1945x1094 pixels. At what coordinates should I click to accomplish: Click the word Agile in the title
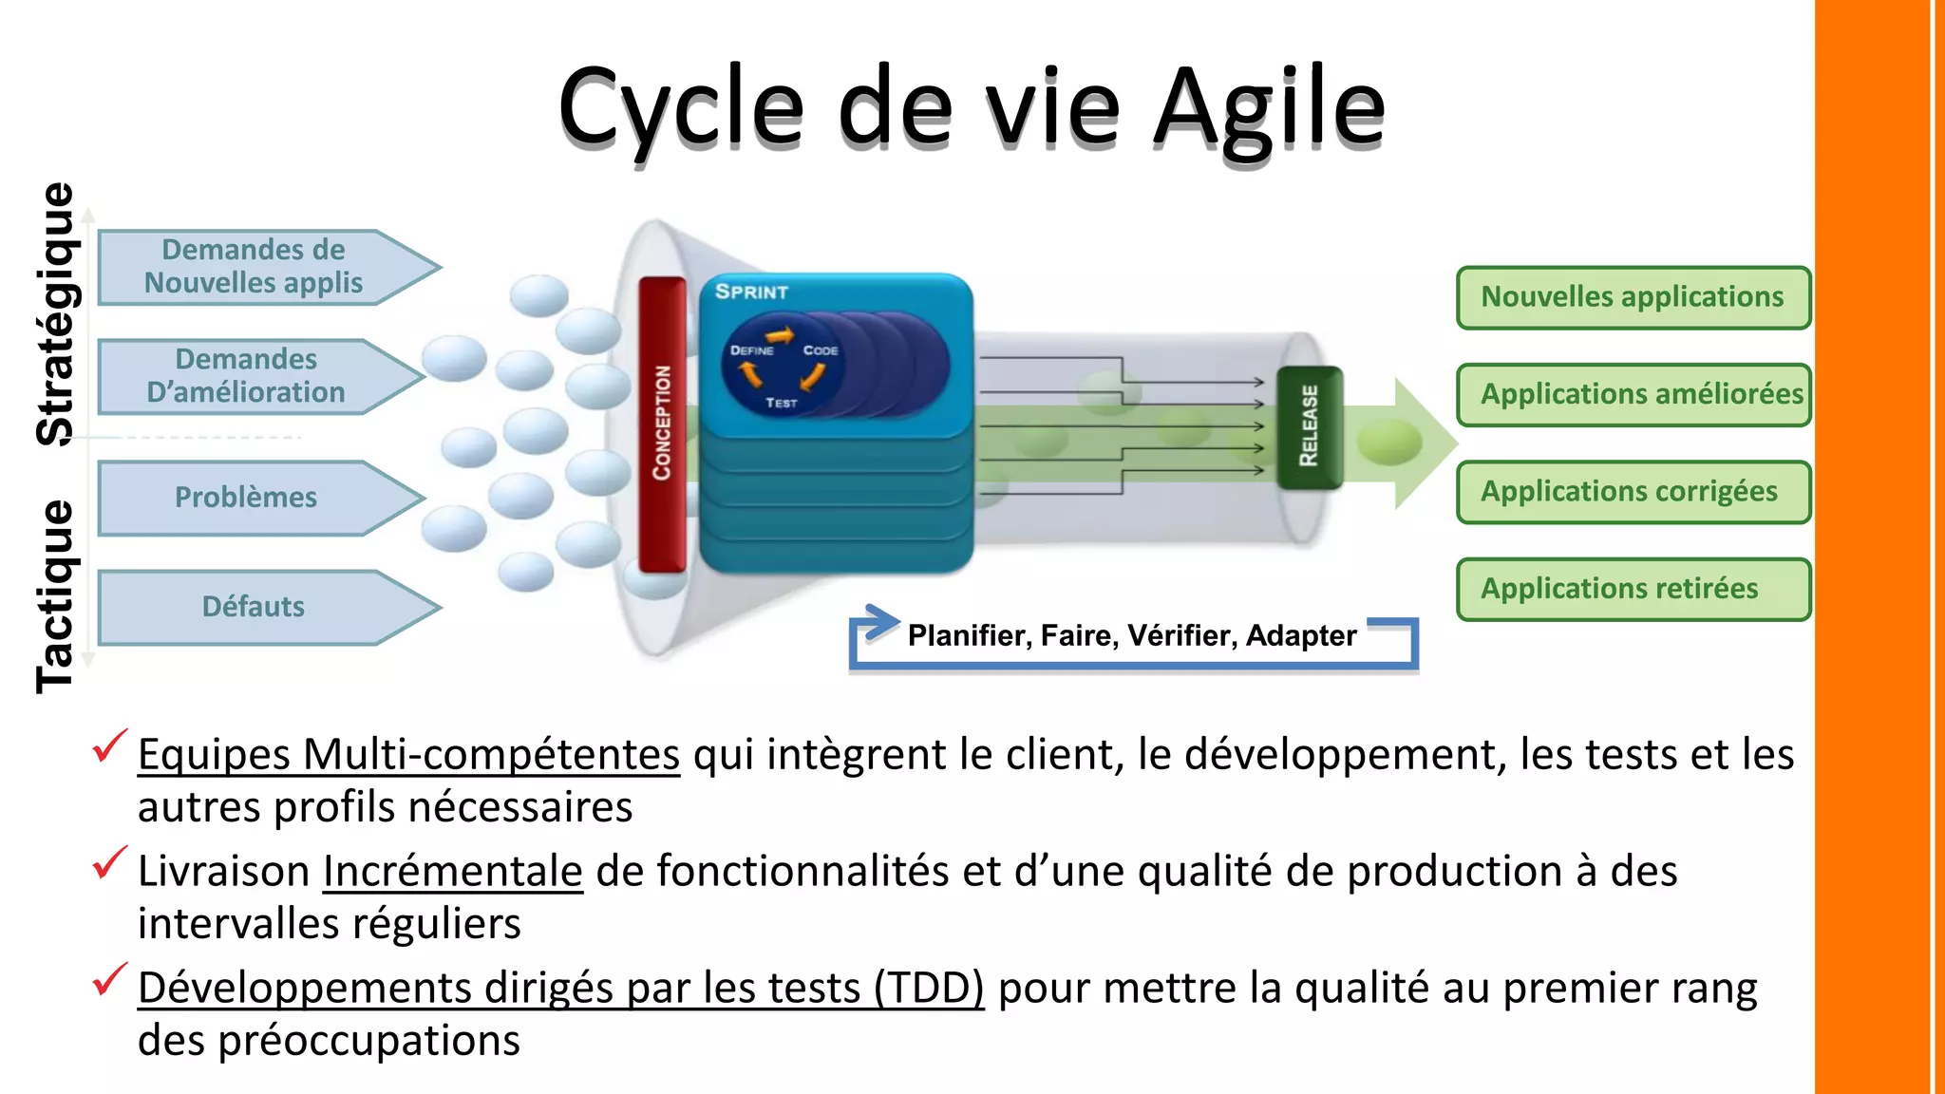click(x=1269, y=108)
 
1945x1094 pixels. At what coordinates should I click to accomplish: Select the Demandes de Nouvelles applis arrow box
click(x=255, y=267)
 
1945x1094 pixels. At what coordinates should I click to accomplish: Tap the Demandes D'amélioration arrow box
click(x=247, y=376)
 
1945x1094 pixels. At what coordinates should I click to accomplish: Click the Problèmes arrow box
click(x=247, y=498)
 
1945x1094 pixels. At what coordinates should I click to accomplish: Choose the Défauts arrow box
click(x=255, y=607)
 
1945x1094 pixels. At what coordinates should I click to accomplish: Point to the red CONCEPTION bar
click(x=662, y=424)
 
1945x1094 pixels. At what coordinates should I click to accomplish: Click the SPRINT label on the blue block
click(x=751, y=292)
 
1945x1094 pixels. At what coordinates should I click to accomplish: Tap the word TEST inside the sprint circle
click(x=782, y=403)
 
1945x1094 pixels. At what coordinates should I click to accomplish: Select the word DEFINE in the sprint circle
click(x=751, y=350)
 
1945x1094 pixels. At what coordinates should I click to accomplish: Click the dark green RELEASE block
click(x=1309, y=426)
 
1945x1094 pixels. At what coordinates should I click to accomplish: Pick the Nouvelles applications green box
click(x=1632, y=297)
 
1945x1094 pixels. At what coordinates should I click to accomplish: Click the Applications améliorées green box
click(x=1633, y=394)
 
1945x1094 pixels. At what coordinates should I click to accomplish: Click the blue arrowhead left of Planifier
click(x=879, y=623)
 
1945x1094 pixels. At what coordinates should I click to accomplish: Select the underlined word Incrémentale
click(x=452, y=871)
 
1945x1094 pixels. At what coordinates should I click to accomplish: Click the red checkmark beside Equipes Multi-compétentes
click(x=110, y=746)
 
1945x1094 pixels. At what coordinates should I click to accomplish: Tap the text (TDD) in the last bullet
click(x=929, y=988)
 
